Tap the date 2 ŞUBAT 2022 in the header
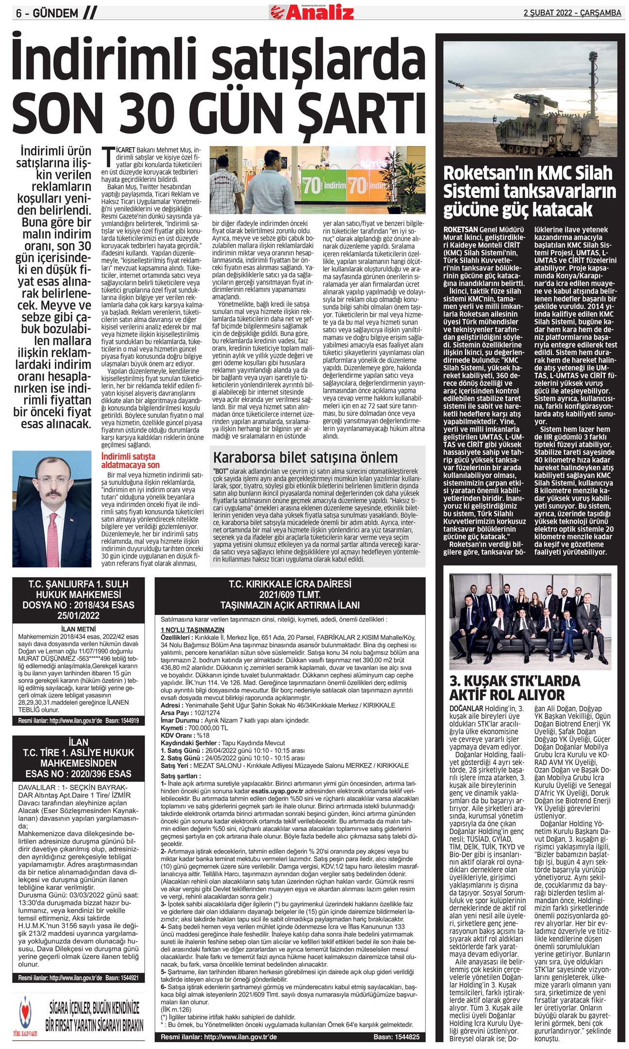(x=546, y=13)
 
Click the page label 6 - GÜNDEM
(x=47, y=14)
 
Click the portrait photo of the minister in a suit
(x=51, y=508)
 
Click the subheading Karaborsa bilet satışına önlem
(x=305, y=457)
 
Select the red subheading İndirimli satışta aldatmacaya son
(x=130, y=461)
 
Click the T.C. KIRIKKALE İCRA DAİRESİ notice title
(x=290, y=584)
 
